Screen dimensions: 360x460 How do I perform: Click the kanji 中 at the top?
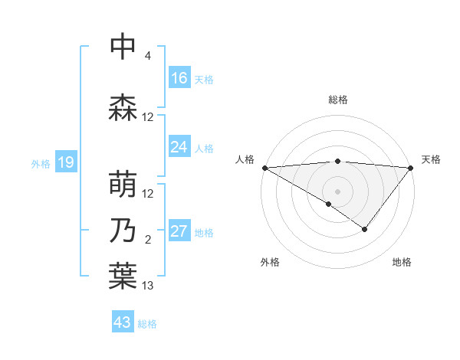point(123,47)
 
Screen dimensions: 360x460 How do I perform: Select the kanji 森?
point(123,108)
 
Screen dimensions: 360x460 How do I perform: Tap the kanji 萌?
point(123,185)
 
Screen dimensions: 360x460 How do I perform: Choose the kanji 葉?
point(123,277)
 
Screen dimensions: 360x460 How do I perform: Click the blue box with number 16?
point(179,78)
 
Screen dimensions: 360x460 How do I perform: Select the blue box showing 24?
point(179,147)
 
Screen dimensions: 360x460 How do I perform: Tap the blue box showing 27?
point(179,232)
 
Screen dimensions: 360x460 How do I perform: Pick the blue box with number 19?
point(65,162)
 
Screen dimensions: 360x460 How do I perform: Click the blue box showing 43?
point(123,322)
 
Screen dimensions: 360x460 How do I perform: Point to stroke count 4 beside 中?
point(148,56)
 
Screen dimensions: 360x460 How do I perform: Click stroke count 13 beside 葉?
point(148,286)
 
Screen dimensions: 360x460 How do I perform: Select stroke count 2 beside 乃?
point(148,240)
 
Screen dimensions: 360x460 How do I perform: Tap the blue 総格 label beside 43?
point(147,324)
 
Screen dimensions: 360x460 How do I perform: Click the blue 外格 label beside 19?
point(40,164)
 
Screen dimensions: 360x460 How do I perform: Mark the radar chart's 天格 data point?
point(411,168)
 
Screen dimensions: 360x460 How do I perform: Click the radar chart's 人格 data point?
point(264,168)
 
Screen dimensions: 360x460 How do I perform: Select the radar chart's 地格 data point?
point(365,229)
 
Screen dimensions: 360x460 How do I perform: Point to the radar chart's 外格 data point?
point(329,204)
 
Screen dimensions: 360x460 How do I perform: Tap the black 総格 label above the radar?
point(337,100)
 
